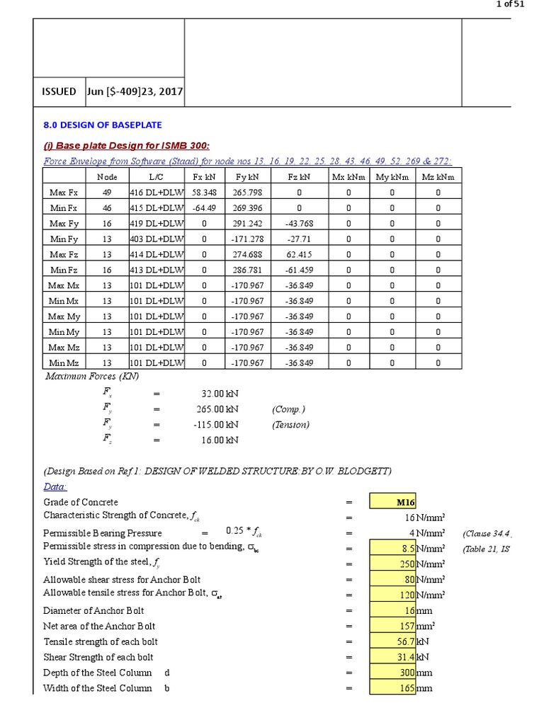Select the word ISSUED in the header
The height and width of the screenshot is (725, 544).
(59, 91)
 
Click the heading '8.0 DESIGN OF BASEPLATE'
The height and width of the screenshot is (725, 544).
(103, 125)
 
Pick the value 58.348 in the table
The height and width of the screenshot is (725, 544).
(205, 192)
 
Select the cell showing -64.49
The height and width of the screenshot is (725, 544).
(205, 207)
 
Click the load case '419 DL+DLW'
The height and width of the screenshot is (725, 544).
(156, 223)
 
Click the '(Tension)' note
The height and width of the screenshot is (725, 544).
(290, 425)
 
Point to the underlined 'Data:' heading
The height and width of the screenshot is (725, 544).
(55, 487)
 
